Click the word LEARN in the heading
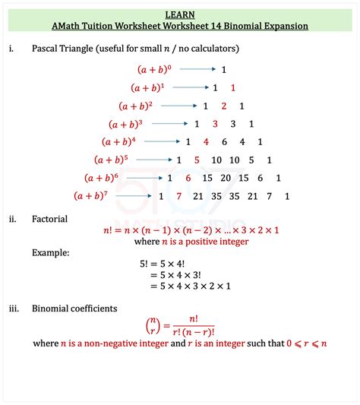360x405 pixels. (x=179, y=14)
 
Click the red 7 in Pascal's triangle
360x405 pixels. (x=179, y=196)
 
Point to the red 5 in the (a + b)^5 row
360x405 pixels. (x=197, y=160)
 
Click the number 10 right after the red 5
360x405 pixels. (x=216, y=160)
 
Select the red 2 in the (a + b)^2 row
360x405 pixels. (x=223, y=106)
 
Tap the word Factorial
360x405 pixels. (x=50, y=219)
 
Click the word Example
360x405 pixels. (x=51, y=252)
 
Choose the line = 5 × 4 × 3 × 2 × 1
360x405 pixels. (x=190, y=286)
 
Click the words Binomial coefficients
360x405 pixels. (x=74, y=308)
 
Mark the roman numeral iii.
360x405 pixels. (x=14, y=308)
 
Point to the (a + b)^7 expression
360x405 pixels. (x=96, y=196)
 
